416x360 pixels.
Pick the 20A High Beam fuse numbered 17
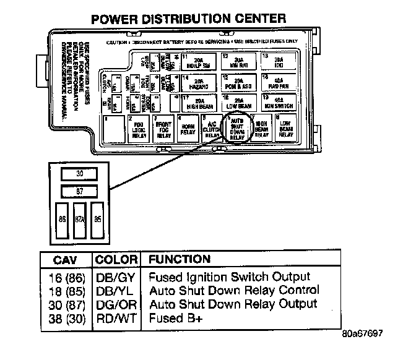(198, 103)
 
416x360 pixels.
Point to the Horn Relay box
(188, 128)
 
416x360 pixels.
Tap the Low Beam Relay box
(285, 128)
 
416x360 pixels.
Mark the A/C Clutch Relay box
(212, 128)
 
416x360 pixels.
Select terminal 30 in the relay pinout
(79, 174)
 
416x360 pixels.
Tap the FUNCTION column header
(180, 260)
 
